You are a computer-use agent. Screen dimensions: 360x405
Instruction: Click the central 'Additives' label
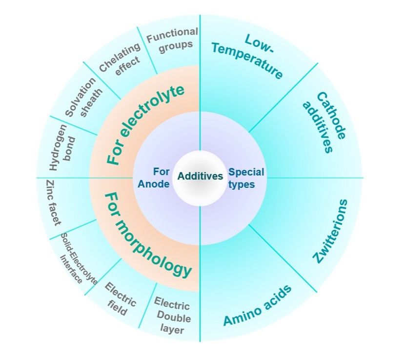(200, 176)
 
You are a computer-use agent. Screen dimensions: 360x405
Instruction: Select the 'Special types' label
(246, 178)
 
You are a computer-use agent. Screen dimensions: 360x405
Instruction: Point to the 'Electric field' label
(119, 298)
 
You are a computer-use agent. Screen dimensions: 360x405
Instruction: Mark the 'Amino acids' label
(258, 304)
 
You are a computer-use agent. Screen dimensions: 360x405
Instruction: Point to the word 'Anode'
(154, 183)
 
